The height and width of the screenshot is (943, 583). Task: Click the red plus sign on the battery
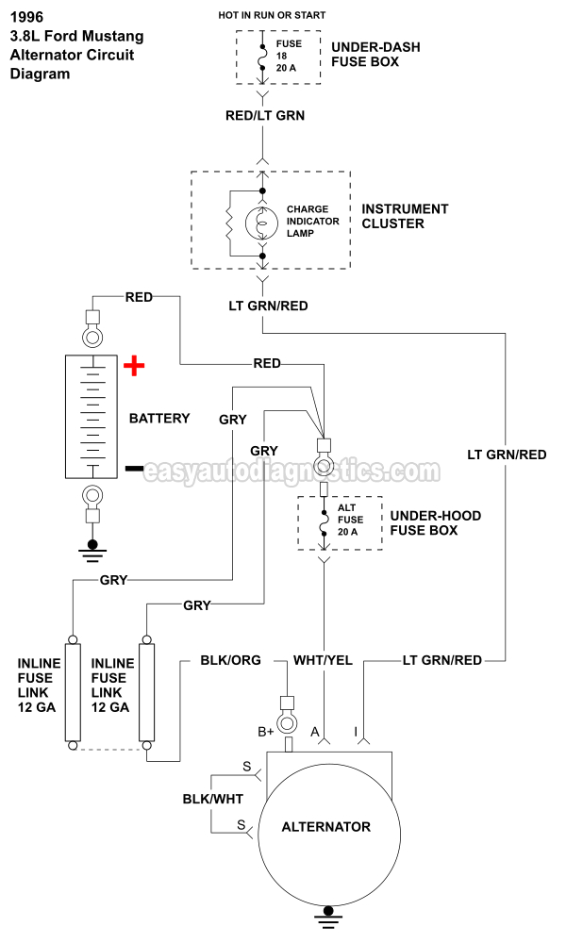pos(135,365)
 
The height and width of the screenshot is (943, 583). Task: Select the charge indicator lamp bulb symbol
pos(262,223)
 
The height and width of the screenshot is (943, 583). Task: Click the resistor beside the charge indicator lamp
pos(228,223)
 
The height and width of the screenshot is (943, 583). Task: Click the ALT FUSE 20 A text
pos(349,520)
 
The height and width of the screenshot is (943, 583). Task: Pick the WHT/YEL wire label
pos(324,660)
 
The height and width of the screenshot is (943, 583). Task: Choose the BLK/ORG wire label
pos(230,660)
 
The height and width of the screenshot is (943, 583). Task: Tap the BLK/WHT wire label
pos(212,799)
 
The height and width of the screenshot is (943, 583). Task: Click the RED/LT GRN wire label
pos(264,115)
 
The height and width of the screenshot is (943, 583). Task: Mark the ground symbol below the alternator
pos(330,914)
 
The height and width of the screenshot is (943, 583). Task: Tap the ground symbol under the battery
pos(92,549)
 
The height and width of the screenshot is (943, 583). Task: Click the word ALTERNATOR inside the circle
pos(326,827)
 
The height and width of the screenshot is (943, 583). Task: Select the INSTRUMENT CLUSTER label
pos(405,216)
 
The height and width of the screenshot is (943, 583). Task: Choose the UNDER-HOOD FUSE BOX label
pos(435,522)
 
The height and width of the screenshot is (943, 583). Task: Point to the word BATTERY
pos(159,418)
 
